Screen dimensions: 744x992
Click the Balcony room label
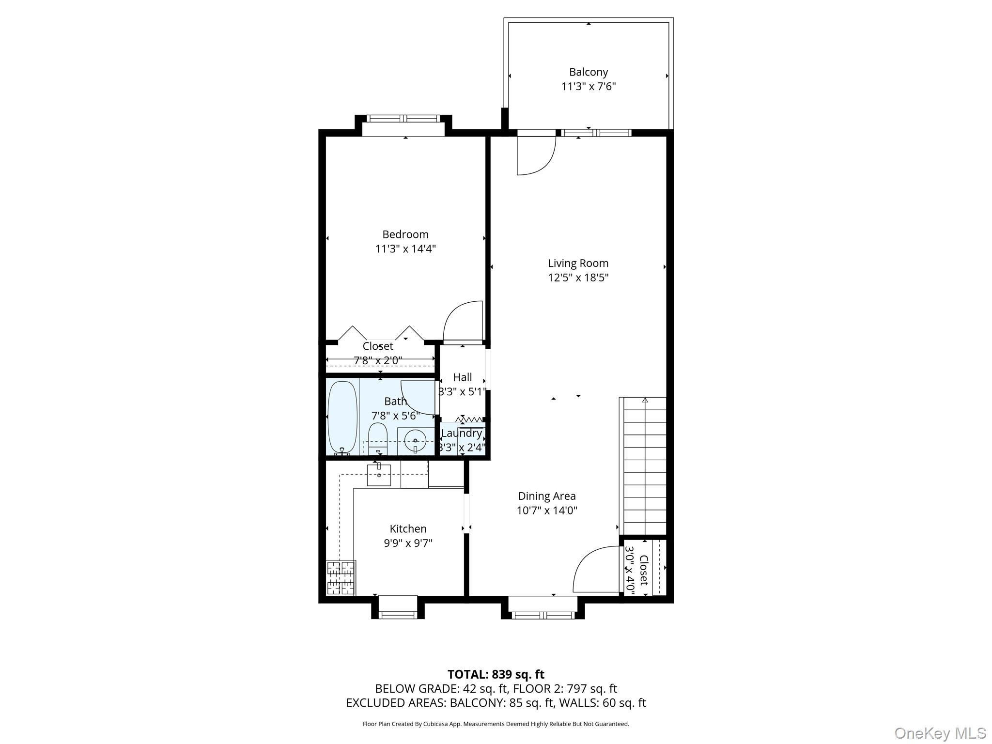pyautogui.click(x=588, y=72)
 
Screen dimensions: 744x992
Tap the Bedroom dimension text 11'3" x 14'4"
pyautogui.click(x=405, y=249)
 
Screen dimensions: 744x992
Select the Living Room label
pyautogui.click(x=578, y=263)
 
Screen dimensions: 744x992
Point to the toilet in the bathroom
pyautogui.click(x=377, y=437)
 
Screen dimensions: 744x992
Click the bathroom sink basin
pyautogui.click(x=415, y=441)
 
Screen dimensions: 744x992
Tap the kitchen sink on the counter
pyautogui.click(x=379, y=475)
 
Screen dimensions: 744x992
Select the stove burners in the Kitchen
pyautogui.click(x=341, y=577)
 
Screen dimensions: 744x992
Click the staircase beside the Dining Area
pyautogui.click(x=644, y=465)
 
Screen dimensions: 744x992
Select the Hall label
pyautogui.click(x=462, y=377)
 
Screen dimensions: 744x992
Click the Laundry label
pyautogui.click(x=461, y=433)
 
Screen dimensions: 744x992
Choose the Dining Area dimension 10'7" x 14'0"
pyautogui.click(x=547, y=511)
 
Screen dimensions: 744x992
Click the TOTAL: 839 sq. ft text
pyautogui.click(x=496, y=674)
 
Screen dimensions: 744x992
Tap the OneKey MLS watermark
pyautogui.click(x=940, y=733)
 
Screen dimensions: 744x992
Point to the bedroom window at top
pyautogui.click(x=403, y=119)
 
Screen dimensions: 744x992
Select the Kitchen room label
pyautogui.click(x=408, y=529)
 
